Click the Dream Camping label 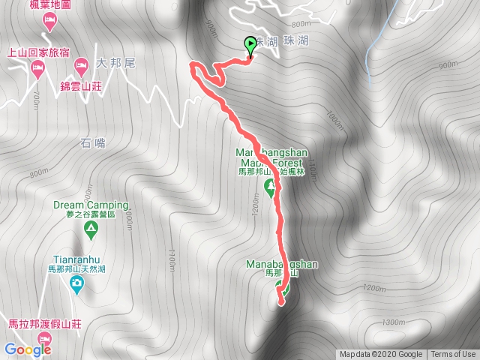tap(91, 205)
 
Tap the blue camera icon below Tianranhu tap(76, 283)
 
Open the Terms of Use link tap(453, 355)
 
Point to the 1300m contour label tap(393, 322)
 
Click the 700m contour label tap(35, 99)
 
